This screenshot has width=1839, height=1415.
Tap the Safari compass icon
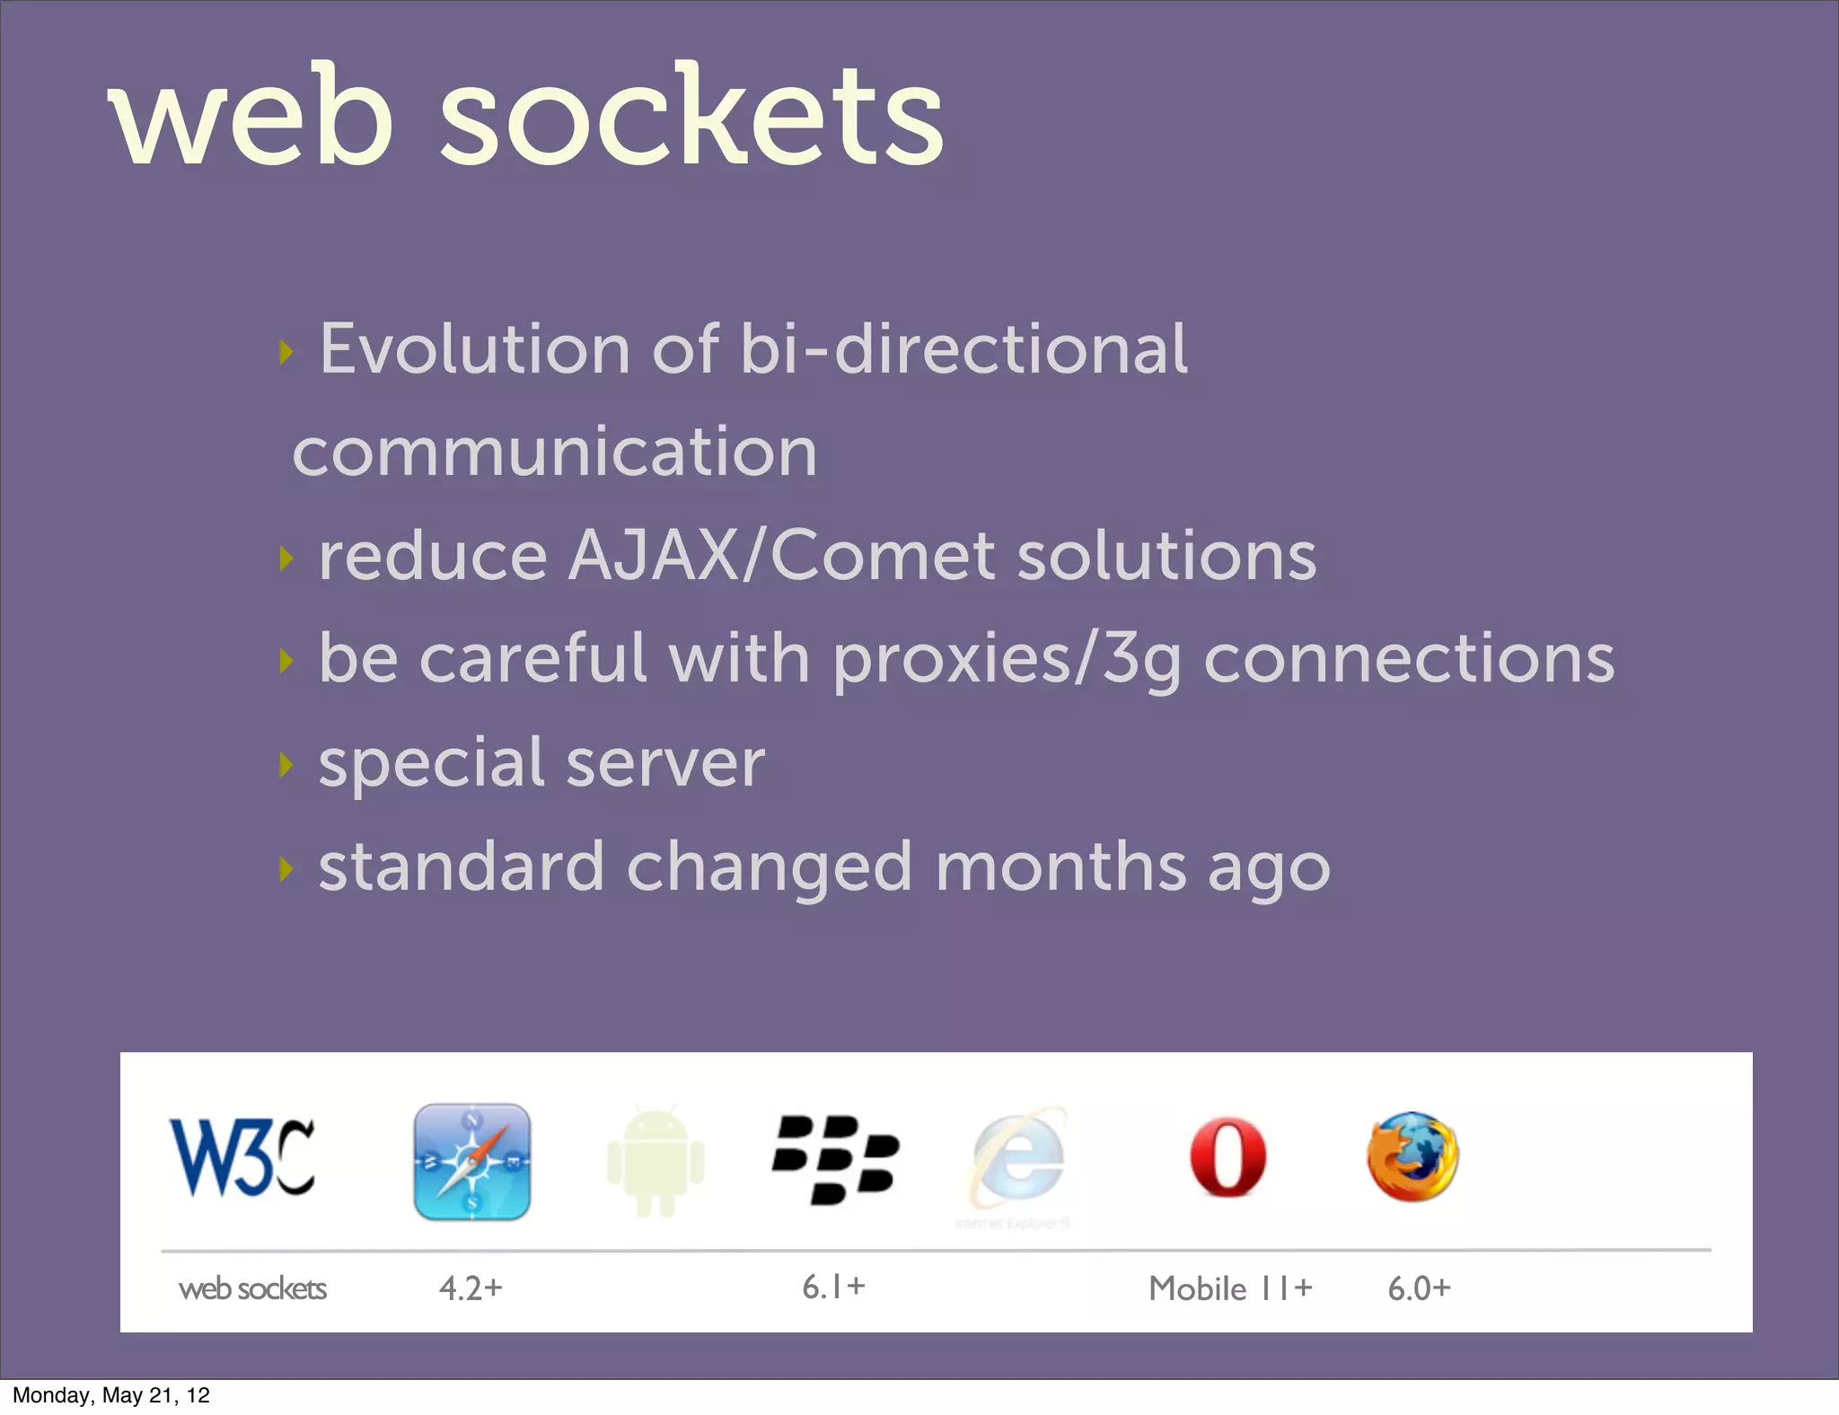point(472,1162)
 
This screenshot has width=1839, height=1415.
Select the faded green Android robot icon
point(656,1162)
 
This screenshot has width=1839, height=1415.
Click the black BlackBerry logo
point(835,1159)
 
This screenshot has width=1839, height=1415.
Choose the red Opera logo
point(1227,1157)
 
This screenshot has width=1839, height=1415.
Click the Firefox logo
point(1412,1157)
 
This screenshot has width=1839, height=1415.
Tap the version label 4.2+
point(471,1288)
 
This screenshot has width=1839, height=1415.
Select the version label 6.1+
point(833,1287)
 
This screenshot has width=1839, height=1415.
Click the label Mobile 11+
point(1230,1288)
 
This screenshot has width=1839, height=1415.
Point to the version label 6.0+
point(1419,1288)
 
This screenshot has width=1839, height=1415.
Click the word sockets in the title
point(691,117)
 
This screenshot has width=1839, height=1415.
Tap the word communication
point(555,452)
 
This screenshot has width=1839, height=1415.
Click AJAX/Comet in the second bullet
point(781,555)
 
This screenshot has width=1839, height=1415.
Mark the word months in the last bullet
point(1060,867)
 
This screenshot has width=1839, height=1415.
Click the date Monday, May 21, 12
point(111,1395)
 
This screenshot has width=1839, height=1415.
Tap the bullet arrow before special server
point(286,765)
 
